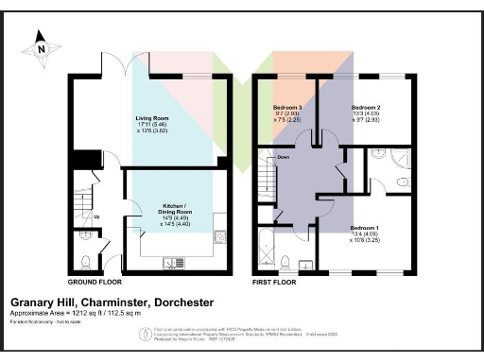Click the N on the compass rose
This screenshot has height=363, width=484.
click(x=39, y=39)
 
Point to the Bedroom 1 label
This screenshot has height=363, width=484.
click(x=366, y=228)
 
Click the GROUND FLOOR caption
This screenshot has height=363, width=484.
click(x=95, y=283)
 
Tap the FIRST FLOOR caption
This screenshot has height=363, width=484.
click(x=274, y=283)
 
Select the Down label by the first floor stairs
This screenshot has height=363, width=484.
click(x=282, y=158)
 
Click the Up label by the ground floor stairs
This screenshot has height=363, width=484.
click(x=96, y=216)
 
